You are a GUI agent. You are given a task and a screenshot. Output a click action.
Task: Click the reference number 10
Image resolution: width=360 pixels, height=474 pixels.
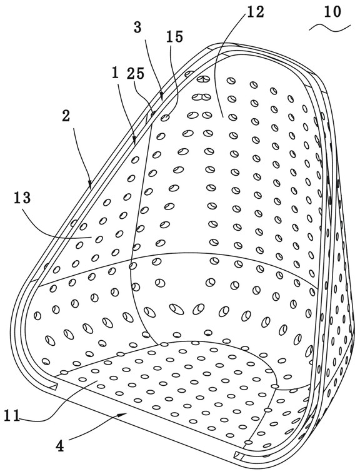[332, 12]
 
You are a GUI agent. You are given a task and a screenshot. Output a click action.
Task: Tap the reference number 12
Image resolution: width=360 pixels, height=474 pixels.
[255, 12]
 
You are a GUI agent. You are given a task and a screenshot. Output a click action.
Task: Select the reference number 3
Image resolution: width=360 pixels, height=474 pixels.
[137, 28]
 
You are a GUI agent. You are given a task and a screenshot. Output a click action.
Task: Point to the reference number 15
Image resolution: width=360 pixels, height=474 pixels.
[175, 36]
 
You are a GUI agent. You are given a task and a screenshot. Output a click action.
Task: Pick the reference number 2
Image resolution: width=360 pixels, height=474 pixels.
[66, 116]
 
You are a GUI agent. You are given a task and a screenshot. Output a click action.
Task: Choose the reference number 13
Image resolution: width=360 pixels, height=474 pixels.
[22, 198]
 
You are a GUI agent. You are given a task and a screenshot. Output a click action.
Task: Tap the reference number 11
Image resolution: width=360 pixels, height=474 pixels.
[11, 415]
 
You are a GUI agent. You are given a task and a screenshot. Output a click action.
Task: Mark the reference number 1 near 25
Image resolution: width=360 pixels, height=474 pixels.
[115, 73]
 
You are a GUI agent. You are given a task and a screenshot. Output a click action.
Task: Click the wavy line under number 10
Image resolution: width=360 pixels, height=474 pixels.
[330, 28]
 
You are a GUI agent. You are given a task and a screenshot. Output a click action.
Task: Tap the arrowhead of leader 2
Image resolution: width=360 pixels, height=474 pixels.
[89, 183]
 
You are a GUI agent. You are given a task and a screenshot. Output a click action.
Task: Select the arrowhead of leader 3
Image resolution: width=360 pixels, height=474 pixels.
[162, 96]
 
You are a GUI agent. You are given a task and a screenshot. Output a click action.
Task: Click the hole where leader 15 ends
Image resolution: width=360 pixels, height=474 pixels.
[164, 118]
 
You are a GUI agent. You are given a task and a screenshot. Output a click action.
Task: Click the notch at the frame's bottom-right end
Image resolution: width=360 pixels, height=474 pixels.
[239, 453]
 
